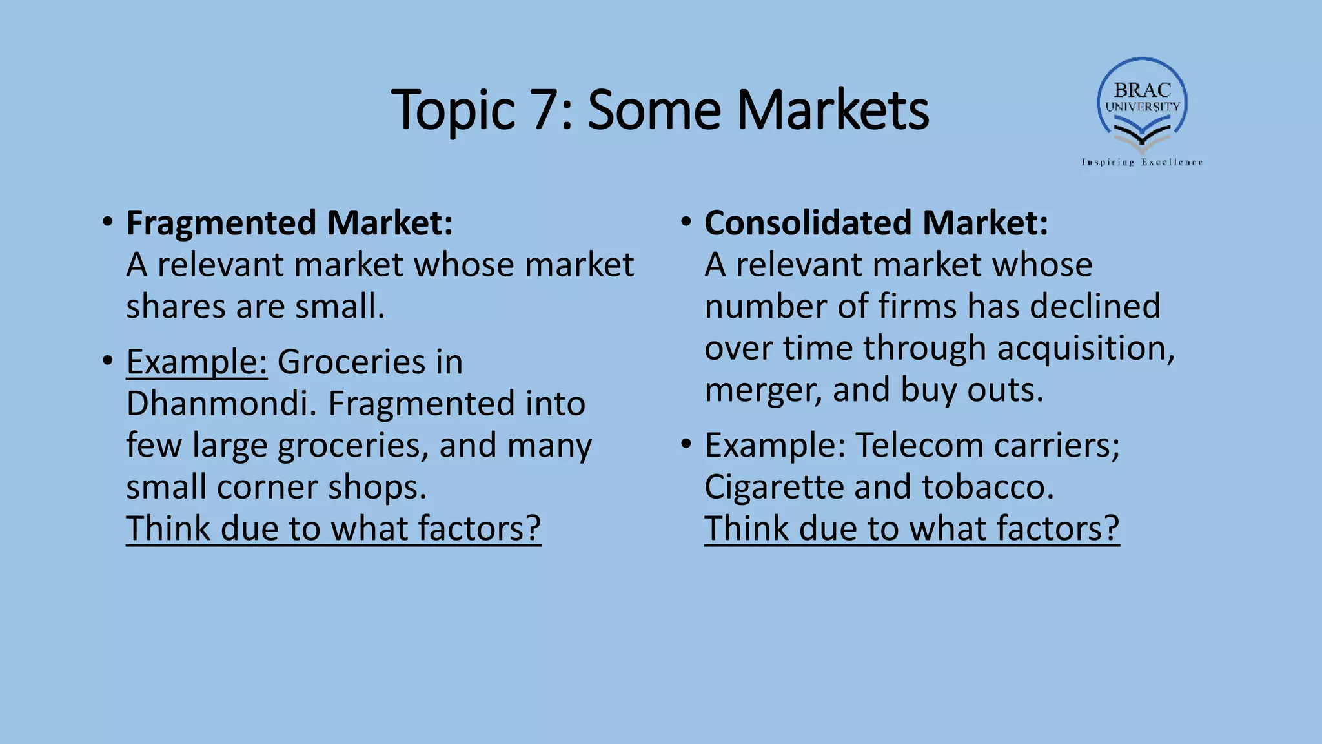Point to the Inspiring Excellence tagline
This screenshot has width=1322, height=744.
coord(1142,162)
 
